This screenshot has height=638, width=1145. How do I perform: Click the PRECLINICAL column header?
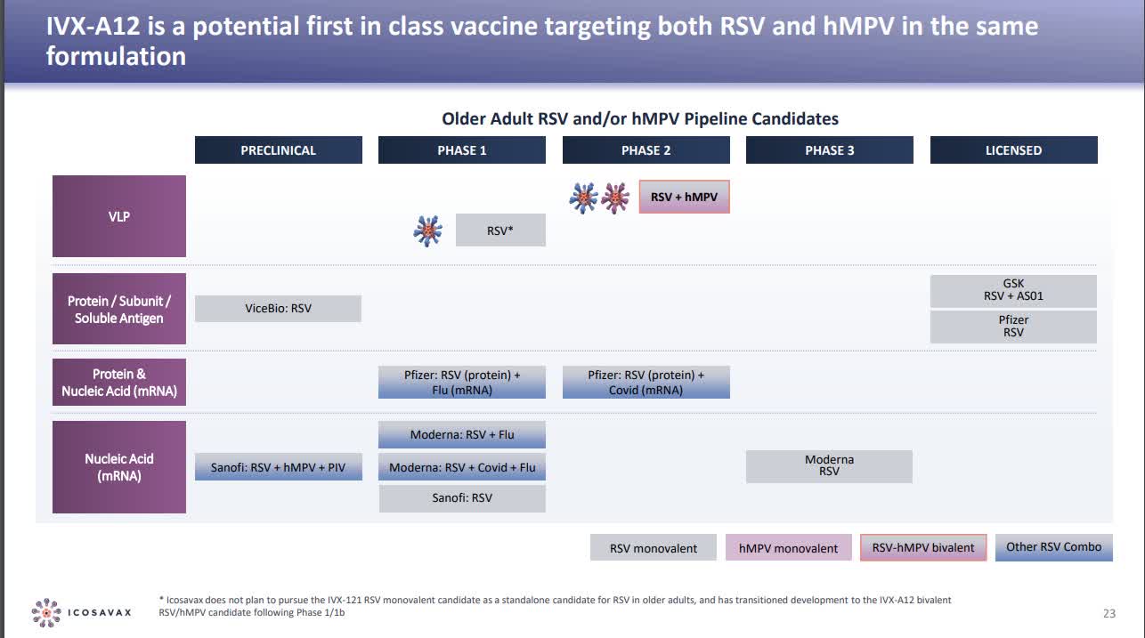click(278, 150)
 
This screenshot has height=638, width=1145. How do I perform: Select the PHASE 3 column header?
click(829, 150)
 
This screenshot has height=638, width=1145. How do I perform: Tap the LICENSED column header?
click(1013, 150)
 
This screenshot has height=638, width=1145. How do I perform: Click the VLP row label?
click(119, 216)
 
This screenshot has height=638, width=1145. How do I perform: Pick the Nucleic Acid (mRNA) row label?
click(119, 467)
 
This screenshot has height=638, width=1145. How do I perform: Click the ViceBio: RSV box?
click(278, 309)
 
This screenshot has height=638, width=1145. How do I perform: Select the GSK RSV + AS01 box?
click(1013, 290)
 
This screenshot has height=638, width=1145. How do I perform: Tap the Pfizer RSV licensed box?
click(1013, 327)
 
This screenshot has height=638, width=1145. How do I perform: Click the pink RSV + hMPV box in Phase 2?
click(684, 197)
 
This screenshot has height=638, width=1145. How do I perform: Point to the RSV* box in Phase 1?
click(500, 230)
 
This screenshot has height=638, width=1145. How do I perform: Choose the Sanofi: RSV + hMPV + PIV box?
click(278, 467)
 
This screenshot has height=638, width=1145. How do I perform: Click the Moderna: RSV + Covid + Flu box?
click(462, 467)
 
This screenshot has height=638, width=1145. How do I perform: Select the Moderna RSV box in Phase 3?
click(829, 466)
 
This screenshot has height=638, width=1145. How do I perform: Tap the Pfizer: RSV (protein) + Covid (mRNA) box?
click(646, 383)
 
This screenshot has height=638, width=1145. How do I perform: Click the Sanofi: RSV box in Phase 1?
click(462, 498)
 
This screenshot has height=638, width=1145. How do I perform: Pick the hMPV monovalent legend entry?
click(788, 548)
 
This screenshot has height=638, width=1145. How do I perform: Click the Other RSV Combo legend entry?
click(1053, 547)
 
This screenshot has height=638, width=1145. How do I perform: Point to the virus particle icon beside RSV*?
click(428, 230)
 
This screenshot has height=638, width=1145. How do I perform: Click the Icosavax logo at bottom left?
click(82, 612)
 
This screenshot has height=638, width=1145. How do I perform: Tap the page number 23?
click(1108, 613)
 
